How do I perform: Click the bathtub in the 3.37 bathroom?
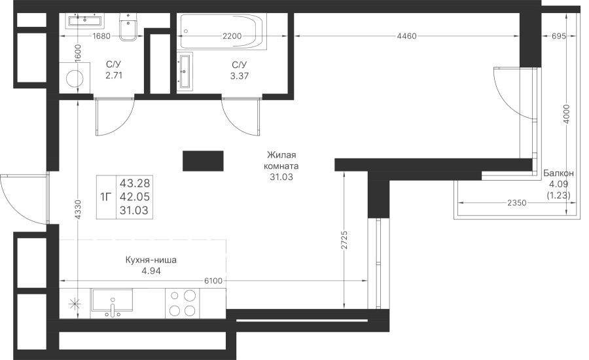[223, 31]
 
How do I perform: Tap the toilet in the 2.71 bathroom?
[129, 27]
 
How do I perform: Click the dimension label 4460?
[407, 37]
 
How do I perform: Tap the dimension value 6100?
[213, 281]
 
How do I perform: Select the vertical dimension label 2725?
[345, 240]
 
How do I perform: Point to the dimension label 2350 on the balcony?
[516, 203]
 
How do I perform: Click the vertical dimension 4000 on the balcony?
[567, 115]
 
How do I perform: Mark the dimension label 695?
[559, 37]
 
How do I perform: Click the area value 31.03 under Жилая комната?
[281, 177]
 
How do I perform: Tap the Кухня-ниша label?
[151, 260]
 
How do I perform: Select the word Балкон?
[559, 173]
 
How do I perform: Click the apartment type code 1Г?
[106, 197]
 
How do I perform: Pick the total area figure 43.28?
[134, 183]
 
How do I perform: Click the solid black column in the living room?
[204, 161]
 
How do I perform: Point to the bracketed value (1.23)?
[559, 195]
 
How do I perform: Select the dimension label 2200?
[232, 37]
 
